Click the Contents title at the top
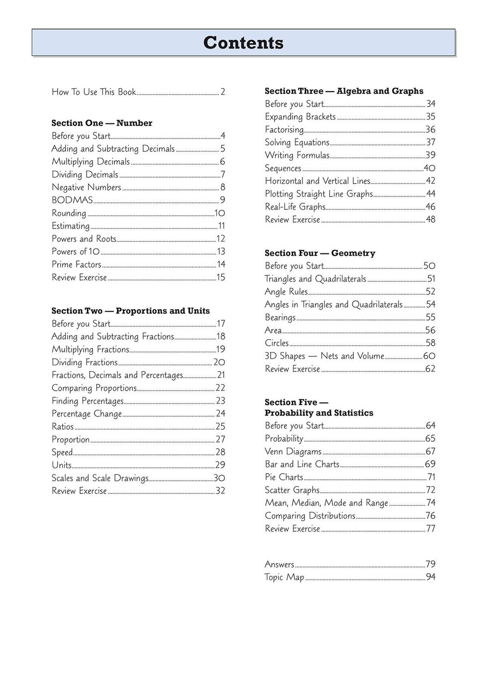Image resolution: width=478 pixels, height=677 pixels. click(x=243, y=43)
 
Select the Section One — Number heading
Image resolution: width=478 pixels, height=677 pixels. click(x=102, y=123)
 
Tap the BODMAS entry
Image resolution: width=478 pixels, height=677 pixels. click(x=73, y=200)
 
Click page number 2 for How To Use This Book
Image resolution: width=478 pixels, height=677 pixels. click(x=223, y=92)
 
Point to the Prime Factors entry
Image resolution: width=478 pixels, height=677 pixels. click(x=77, y=264)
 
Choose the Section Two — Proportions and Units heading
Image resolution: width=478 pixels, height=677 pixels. click(x=130, y=311)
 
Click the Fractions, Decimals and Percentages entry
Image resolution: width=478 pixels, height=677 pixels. click(x=117, y=375)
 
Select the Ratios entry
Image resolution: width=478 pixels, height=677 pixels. click(x=63, y=427)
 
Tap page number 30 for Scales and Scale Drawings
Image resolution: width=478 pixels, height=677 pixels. click(x=219, y=478)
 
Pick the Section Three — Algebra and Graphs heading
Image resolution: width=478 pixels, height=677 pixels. click(x=344, y=91)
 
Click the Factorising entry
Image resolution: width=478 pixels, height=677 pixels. click(x=284, y=130)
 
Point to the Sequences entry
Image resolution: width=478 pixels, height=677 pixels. click(x=283, y=168)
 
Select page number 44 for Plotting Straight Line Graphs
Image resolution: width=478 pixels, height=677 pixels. click(x=431, y=194)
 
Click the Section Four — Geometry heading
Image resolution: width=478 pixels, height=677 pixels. click(x=320, y=253)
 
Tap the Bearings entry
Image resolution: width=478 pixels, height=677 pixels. click(x=280, y=318)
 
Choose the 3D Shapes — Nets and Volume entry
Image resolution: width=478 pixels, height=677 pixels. click(x=324, y=356)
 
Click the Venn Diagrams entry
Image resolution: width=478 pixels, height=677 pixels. click(x=293, y=451)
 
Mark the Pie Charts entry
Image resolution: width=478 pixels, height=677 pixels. click(x=284, y=477)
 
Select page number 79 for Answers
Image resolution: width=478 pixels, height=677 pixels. click(x=431, y=564)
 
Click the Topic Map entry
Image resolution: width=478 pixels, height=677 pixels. click(x=284, y=577)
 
